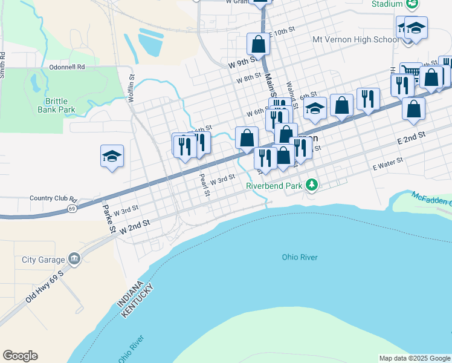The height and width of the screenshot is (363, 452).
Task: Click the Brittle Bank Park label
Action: point(60,105)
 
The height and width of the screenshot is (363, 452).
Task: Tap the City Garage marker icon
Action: point(74,259)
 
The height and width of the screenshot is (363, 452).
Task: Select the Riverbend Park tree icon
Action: point(311,184)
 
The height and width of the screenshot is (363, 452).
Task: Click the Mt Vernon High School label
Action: point(355,40)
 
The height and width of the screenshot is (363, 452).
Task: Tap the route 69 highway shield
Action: point(72,208)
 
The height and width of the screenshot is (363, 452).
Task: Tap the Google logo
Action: point(20,356)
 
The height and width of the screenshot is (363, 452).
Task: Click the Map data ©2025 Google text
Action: point(414,358)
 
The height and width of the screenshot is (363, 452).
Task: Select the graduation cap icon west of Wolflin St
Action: point(112,156)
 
